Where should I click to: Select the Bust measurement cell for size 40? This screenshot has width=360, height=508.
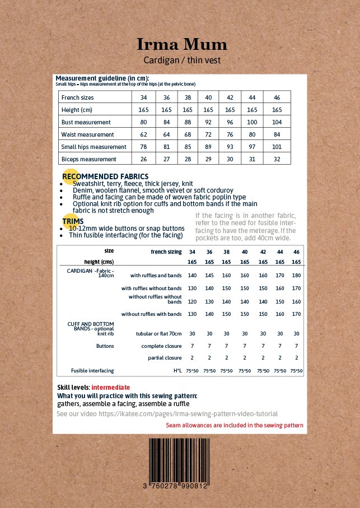[208, 122]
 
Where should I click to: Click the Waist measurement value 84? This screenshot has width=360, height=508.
[277, 134]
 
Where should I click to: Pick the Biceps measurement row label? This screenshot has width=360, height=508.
[89, 159]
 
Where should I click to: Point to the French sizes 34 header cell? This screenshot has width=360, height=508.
[143, 97]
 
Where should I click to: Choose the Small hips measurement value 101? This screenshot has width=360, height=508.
[277, 147]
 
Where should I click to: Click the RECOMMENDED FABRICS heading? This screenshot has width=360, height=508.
[105, 176]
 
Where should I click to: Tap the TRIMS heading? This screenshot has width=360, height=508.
[73, 221]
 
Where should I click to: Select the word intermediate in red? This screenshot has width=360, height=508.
[111, 388]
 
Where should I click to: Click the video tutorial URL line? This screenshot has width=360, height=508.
[167, 414]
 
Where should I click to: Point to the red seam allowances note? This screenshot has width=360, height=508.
[235, 426]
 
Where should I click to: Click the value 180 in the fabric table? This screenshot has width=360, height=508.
[296, 276]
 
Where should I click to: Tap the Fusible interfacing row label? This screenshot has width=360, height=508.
[92, 371]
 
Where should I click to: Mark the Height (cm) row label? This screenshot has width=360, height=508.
[78, 110]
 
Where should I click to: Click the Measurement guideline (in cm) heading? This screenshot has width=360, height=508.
[102, 78]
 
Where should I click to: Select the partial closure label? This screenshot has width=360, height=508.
[165, 358]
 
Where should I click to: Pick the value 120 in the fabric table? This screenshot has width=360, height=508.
[192, 301]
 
